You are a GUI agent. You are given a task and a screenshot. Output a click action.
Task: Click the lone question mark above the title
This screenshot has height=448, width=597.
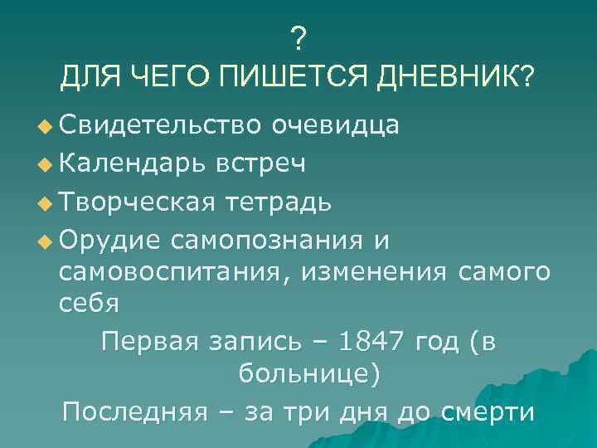tap(298, 37)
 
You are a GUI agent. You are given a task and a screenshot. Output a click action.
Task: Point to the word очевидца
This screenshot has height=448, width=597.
tap(336, 125)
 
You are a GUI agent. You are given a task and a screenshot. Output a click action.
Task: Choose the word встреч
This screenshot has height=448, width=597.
tap(261, 163)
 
